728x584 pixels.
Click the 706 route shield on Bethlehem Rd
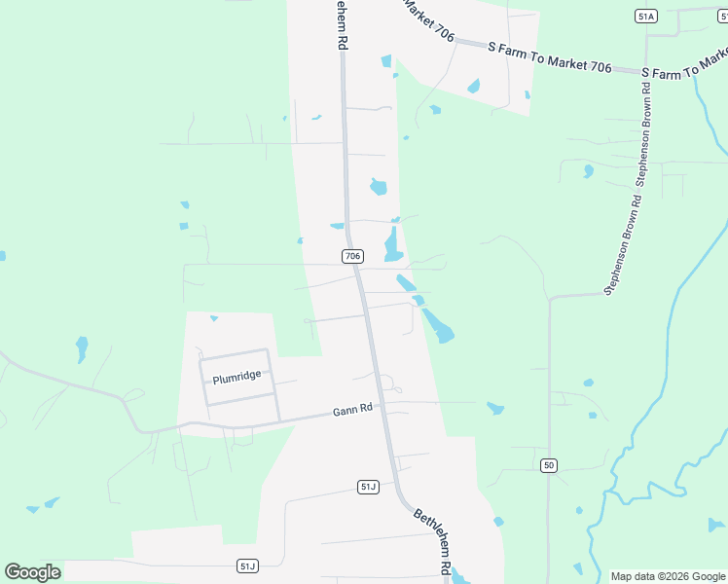[x=352, y=256]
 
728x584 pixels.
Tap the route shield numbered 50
[x=549, y=466]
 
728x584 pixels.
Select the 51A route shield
[x=646, y=17]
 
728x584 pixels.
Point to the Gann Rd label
[x=353, y=410]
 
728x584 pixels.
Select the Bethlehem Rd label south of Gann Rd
[x=432, y=540]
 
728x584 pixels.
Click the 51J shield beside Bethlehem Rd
[x=368, y=487]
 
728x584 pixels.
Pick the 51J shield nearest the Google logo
[x=247, y=566]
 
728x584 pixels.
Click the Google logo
[x=32, y=572]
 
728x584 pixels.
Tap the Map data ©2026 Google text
[x=668, y=576]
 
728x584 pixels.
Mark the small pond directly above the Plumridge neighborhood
[x=214, y=318]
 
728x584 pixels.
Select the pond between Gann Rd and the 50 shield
[x=495, y=408]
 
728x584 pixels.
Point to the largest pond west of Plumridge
[x=82, y=347]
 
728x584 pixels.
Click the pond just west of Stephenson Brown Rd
[x=588, y=171]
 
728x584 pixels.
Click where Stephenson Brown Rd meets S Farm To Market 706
[x=646, y=71]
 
